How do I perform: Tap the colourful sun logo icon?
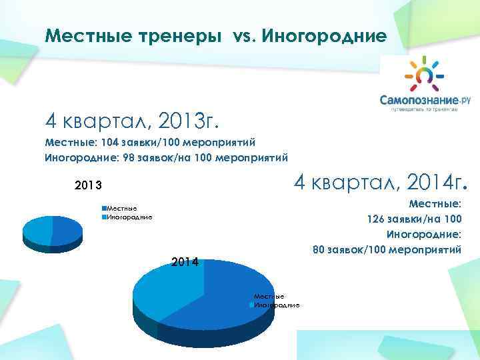tap(422, 73)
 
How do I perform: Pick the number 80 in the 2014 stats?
tap(319, 250)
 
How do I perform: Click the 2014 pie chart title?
tap(184, 262)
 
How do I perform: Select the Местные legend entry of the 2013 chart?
tap(122, 209)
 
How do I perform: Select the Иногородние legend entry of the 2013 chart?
tap(129, 217)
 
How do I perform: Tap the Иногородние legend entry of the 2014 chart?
tap(276, 305)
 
